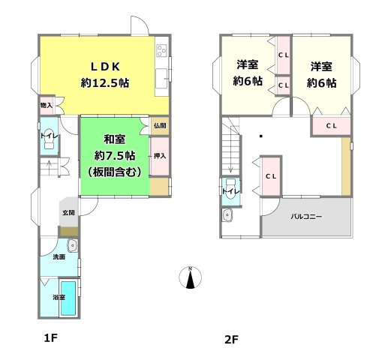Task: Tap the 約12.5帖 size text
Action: tap(105, 83)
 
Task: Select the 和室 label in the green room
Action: tap(114, 139)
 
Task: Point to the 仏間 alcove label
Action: tap(159, 126)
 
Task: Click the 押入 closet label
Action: tap(159, 156)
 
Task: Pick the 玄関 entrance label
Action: tap(68, 213)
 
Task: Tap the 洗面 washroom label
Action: tap(59, 257)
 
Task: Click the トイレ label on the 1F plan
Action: tap(47, 135)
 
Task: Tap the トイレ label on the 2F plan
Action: tap(228, 192)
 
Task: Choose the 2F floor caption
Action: tap(230, 338)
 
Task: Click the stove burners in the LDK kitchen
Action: tap(161, 52)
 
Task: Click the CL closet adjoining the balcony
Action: tap(271, 176)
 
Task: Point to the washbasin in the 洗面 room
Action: tap(72, 244)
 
